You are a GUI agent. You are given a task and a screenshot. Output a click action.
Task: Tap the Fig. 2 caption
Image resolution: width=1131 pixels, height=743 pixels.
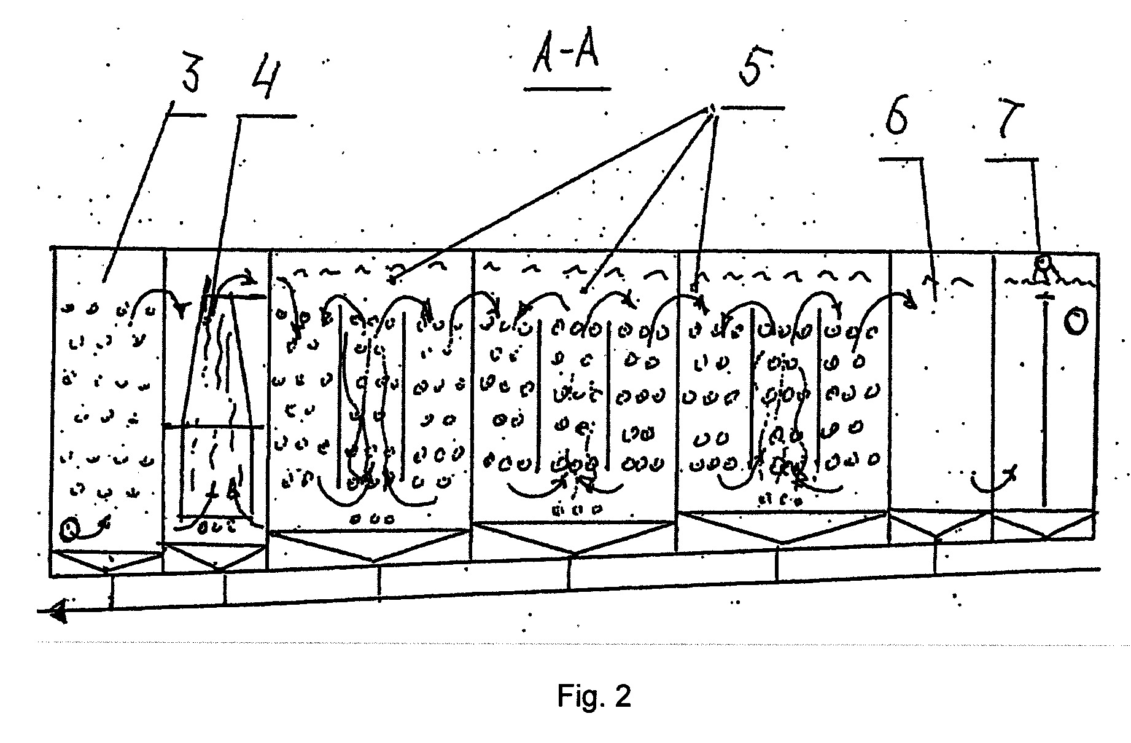click(x=594, y=696)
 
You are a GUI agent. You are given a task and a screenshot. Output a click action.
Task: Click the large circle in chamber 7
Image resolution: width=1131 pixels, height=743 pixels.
click(x=1075, y=322)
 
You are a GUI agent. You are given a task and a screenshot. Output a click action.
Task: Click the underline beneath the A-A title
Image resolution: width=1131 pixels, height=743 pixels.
click(x=567, y=88)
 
